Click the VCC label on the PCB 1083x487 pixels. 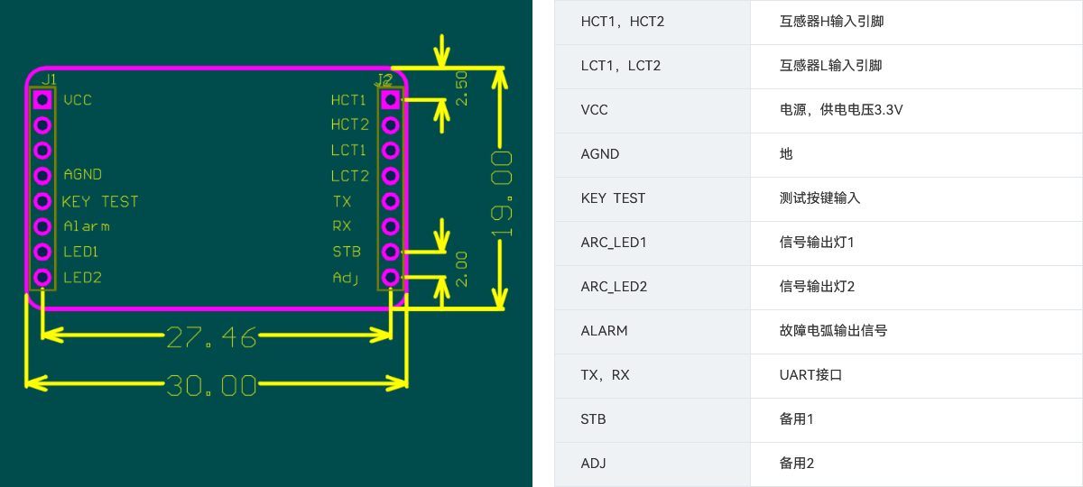point(78,100)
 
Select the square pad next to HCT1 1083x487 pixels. point(391,99)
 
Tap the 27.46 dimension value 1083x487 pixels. point(212,337)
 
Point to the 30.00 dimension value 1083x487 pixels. point(212,386)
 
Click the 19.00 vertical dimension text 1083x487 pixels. point(502,195)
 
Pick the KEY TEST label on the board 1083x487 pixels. point(100,201)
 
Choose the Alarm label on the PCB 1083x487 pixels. point(87,226)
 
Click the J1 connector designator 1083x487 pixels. point(49,79)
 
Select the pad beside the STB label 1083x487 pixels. point(391,252)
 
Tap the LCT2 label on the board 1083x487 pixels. point(350,176)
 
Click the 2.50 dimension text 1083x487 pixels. point(462,88)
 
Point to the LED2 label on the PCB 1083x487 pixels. point(82,278)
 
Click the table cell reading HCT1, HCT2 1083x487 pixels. point(623,21)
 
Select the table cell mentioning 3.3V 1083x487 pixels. point(841,110)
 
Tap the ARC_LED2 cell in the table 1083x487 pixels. point(614,287)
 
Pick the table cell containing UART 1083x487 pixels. point(811,375)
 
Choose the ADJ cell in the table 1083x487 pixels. point(594,464)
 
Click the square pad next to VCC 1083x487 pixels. point(42,99)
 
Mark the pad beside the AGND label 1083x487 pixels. point(42,175)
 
